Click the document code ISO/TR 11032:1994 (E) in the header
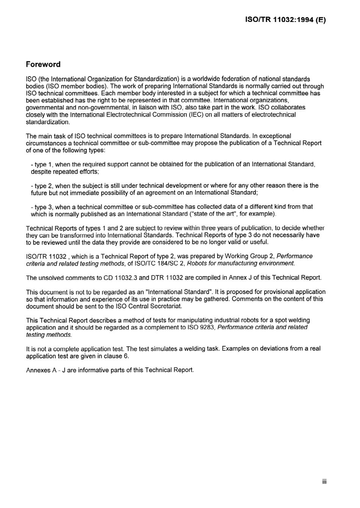[286, 20]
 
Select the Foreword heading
[43, 64]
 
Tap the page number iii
[324, 481]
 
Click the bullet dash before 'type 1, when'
[32, 164]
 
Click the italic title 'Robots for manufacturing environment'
[241, 264]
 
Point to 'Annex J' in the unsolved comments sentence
[240, 278]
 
